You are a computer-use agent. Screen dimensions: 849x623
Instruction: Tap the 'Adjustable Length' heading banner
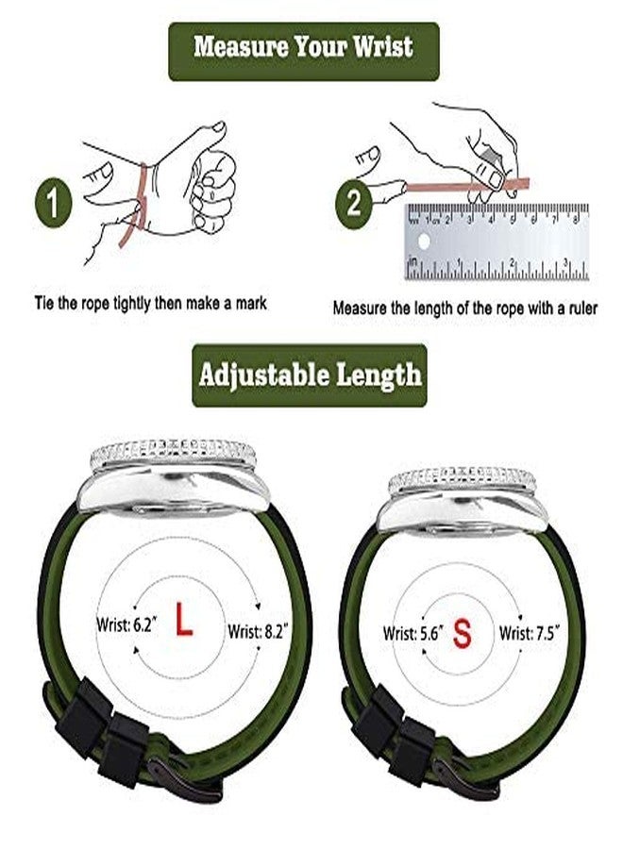(310, 375)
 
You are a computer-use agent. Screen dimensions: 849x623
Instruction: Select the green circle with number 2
(353, 203)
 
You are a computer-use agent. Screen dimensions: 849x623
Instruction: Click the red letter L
(183, 624)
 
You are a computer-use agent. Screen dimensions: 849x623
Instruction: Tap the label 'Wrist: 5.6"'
(412, 635)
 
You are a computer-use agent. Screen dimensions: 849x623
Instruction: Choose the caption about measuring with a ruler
(464, 308)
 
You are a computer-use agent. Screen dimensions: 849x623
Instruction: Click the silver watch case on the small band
(462, 498)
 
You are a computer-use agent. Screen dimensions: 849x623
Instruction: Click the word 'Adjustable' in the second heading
(254, 375)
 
